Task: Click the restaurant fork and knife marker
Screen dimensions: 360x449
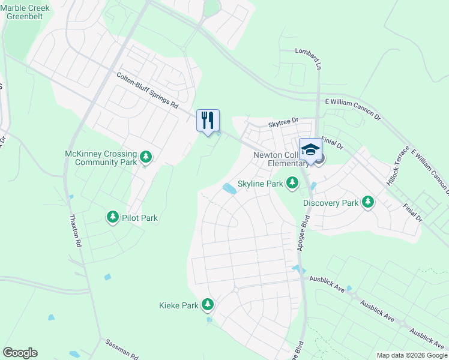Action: pos(208,121)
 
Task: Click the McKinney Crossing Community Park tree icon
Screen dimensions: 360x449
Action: pos(145,158)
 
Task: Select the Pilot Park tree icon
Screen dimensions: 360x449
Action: pos(112,217)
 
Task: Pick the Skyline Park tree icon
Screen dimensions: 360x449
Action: pos(292,182)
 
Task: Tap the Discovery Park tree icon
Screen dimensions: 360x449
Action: pos(367,203)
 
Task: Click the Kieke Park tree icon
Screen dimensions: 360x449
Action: pos(208,305)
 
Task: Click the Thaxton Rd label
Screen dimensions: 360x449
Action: pos(75,232)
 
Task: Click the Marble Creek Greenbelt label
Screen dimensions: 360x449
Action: pos(28,13)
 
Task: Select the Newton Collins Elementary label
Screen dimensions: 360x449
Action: pos(277,158)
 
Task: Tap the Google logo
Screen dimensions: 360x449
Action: pos(20,353)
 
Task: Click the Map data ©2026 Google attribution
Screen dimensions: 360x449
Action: pos(412,355)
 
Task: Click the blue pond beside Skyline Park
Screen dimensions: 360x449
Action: pos(229,188)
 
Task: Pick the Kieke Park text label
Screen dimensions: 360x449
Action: pos(179,305)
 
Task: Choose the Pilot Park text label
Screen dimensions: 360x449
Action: pos(140,218)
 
